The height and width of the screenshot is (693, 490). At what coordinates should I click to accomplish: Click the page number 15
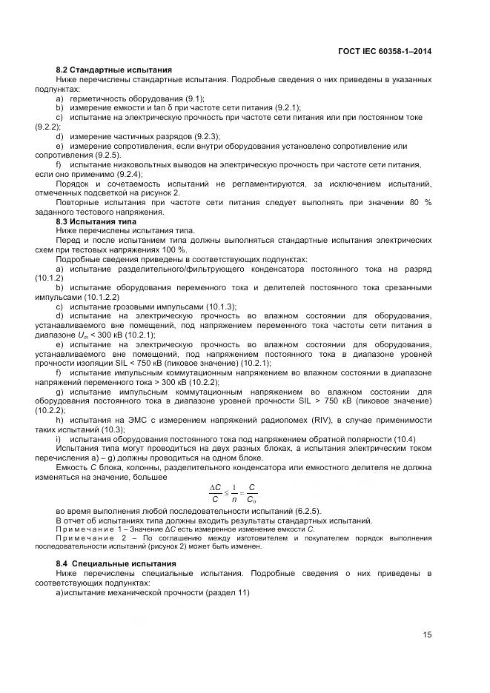428,634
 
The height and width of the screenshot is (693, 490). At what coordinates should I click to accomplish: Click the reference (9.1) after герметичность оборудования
193,98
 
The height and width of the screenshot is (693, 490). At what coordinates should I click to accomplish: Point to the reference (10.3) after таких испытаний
112,430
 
